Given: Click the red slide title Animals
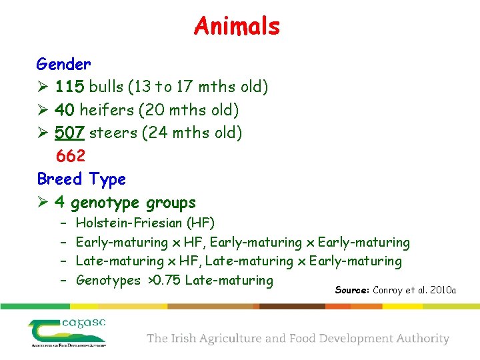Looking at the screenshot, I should click(x=237, y=27).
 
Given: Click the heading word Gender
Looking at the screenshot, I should click(x=63, y=65).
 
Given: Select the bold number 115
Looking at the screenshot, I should click(x=70, y=87).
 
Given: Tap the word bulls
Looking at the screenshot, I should click(x=107, y=87).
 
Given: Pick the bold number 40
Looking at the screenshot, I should click(x=65, y=110).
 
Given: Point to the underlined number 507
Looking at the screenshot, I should click(x=70, y=133).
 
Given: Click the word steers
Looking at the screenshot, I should click(x=113, y=133).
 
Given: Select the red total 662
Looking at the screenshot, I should click(x=71, y=156).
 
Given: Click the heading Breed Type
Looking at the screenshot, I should click(x=81, y=179).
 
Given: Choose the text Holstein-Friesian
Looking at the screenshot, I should click(x=129, y=223).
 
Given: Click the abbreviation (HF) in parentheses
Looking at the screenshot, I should click(x=200, y=223).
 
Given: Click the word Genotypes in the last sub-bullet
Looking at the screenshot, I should click(x=108, y=281).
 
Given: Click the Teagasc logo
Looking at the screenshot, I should click(x=67, y=332).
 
